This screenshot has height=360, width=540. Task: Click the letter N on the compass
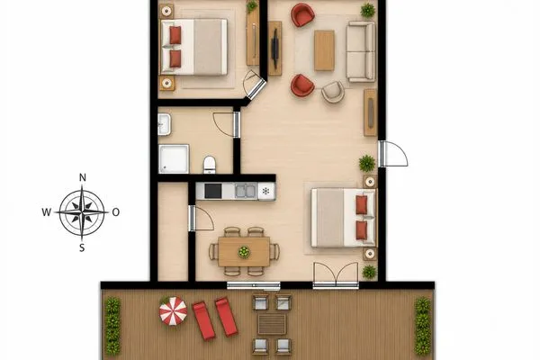(83, 178)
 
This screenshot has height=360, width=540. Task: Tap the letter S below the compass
(82, 247)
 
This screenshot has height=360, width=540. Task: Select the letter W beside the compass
(47, 212)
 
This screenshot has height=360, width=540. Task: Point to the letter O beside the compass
(116, 212)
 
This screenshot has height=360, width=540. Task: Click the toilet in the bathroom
(210, 165)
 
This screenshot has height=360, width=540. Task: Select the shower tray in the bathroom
(174, 158)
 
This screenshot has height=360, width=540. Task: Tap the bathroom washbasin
(165, 124)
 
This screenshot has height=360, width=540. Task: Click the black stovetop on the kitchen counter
(213, 191)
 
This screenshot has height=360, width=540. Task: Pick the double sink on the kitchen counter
(246, 191)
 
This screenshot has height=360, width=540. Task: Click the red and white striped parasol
(173, 311)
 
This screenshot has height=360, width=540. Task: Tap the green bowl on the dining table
(244, 252)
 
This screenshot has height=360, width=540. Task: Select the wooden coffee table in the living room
(324, 50)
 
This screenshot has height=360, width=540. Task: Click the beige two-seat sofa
(361, 51)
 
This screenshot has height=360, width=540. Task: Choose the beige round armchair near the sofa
(333, 92)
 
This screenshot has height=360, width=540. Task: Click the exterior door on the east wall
(393, 154)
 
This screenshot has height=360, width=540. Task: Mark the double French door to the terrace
(336, 275)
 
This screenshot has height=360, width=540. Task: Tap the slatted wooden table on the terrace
(272, 324)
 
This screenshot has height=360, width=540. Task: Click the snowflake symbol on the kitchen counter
(265, 191)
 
